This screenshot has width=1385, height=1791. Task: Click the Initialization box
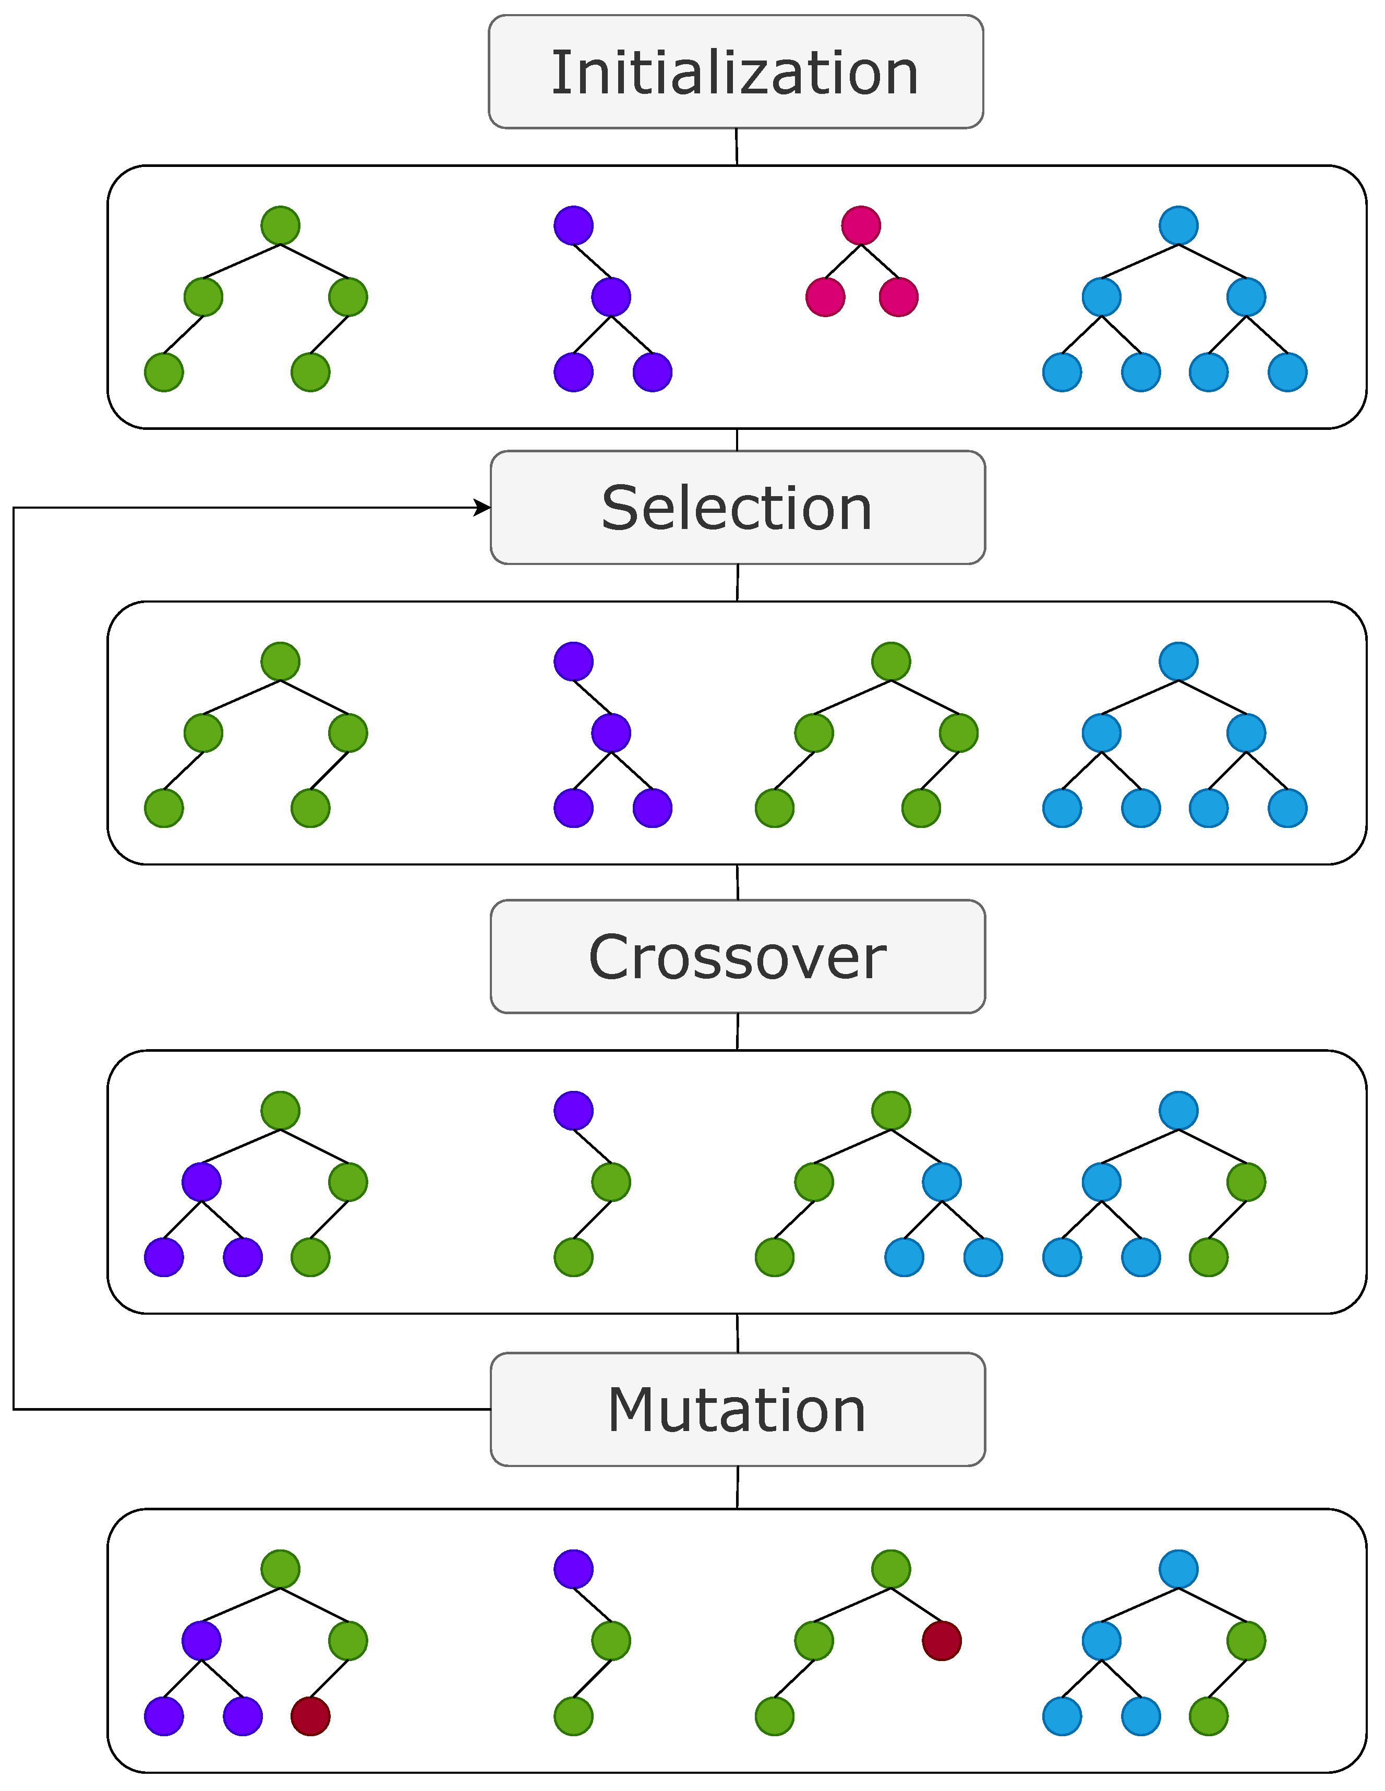tap(736, 72)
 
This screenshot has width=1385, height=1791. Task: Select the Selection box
tap(737, 508)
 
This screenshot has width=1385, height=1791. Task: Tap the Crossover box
tap(737, 957)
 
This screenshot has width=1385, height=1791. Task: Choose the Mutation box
tap(737, 1410)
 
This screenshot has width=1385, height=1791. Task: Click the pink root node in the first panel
tap(861, 225)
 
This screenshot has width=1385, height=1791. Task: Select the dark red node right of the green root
tap(942, 1641)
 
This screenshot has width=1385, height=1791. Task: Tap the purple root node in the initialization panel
tap(573, 225)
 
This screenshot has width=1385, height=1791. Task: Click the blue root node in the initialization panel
tap(1178, 225)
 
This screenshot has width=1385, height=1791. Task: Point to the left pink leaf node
tap(825, 297)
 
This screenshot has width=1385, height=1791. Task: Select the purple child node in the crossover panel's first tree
tap(202, 1182)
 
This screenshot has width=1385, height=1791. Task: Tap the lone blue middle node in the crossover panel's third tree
tap(942, 1182)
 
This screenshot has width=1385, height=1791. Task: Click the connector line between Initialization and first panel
tap(737, 147)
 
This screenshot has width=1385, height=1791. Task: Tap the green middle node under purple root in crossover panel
tap(611, 1182)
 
